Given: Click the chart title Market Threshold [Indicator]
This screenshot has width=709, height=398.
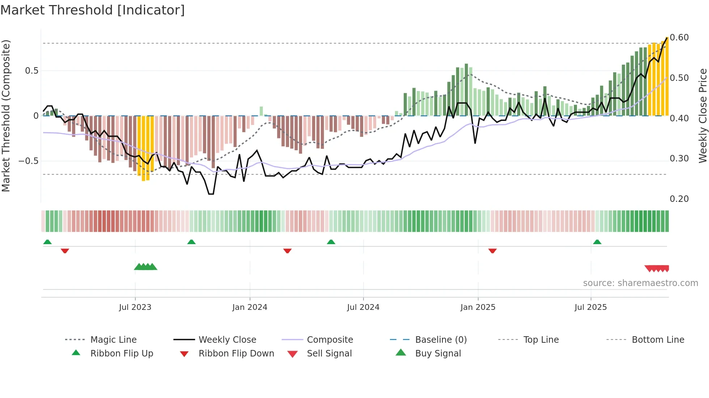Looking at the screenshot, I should click(93, 10).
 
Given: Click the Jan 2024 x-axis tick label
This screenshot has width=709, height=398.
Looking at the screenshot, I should click(250, 307).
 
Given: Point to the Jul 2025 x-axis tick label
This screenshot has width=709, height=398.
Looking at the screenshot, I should click(590, 307).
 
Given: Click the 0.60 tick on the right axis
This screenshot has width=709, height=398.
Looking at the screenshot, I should click(679, 38).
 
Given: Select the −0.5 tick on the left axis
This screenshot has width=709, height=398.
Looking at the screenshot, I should click(29, 161).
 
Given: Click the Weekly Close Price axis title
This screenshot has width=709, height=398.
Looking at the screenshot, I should click(702, 116).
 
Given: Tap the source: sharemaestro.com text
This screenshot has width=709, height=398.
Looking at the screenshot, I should click(640, 283).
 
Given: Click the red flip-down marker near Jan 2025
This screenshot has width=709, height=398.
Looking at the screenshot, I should click(492, 251).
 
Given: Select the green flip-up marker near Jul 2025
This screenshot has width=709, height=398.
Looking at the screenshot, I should click(597, 242).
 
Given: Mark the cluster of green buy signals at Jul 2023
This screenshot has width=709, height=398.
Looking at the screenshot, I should click(145, 267).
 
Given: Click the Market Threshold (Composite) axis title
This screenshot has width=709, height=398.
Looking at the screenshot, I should click(6, 116).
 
